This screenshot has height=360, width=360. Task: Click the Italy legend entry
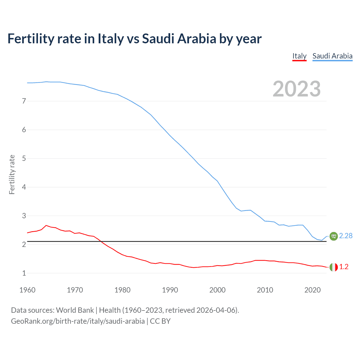(x=299, y=56)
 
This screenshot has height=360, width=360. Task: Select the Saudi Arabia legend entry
(x=332, y=56)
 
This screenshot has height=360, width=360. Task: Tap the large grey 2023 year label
(x=296, y=89)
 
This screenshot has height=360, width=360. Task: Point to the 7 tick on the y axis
(x=24, y=101)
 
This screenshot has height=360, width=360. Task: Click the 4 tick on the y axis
(x=24, y=187)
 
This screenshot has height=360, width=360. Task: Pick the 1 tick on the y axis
(x=24, y=273)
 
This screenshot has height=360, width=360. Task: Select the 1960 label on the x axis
(x=27, y=290)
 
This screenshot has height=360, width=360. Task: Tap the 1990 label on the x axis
(x=170, y=290)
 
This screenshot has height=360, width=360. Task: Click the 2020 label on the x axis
(x=312, y=290)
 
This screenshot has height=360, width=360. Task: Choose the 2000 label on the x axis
(x=217, y=290)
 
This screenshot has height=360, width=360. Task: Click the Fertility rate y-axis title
(x=12, y=174)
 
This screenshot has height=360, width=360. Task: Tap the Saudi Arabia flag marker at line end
(x=334, y=236)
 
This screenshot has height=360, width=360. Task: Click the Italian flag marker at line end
(x=334, y=267)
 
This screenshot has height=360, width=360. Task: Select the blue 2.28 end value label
(x=346, y=236)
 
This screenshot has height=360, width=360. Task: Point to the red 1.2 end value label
(x=344, y=267)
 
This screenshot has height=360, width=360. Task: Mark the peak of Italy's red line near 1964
(x=46, y=225)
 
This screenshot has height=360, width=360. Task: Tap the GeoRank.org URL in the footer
(x=78, y=321)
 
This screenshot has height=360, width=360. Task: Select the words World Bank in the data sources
(x=75, y=310)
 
